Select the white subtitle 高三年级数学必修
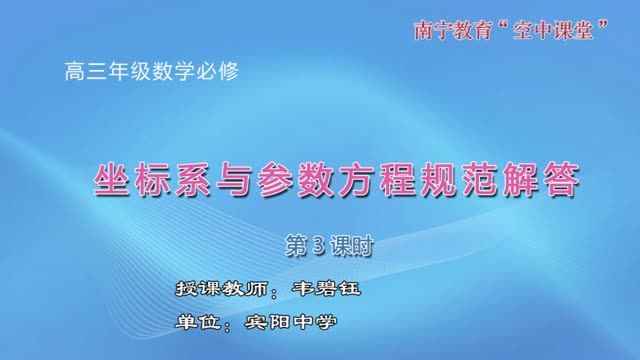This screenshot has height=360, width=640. point(150,72)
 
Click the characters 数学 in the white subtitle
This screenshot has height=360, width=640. point(171,72)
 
